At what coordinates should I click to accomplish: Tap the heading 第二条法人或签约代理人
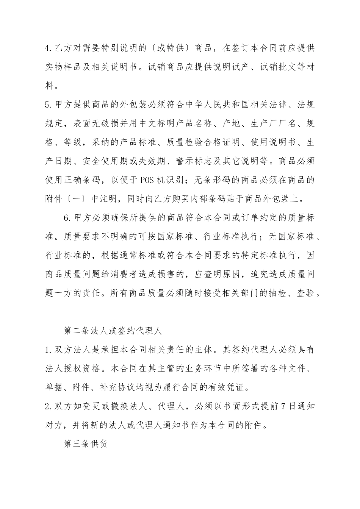click(113, 331)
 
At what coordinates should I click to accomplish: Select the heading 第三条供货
click(86, 444)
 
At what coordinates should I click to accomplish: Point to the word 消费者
click(145, 274)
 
